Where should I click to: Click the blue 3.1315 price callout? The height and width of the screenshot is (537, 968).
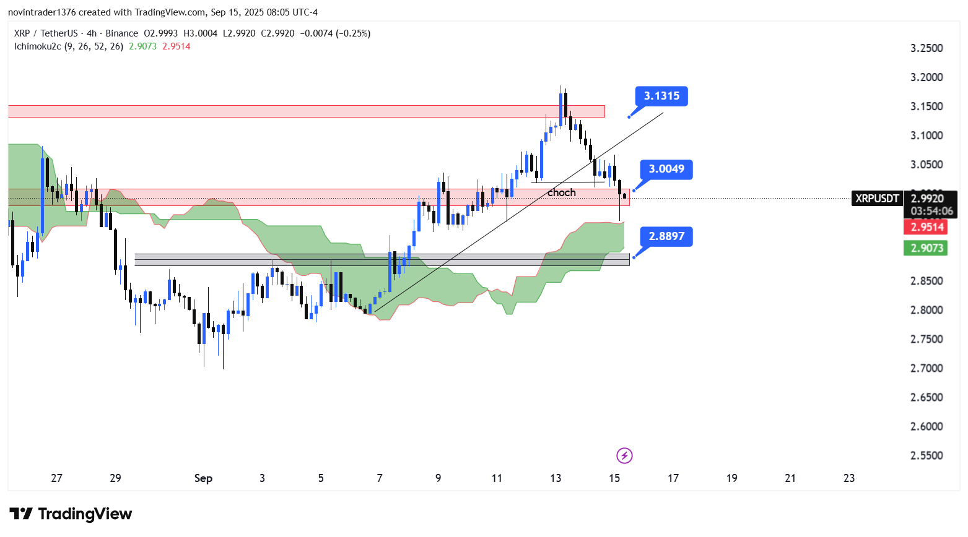click(661, 96)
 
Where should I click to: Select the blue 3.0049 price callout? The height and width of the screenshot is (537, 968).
click(666, 169)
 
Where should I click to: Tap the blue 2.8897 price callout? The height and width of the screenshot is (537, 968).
click(666, 236)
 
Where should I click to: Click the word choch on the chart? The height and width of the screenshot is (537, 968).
click(562, 193)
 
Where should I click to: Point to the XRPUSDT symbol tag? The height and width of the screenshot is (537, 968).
click(877, 199)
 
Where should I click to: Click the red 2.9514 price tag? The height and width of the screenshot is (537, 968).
click(927, 227)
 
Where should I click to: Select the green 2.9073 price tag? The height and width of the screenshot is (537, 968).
click(927, 248)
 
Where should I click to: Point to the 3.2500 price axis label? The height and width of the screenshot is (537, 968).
click(927, 48)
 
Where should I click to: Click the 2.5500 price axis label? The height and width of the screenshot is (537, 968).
click(927, 455)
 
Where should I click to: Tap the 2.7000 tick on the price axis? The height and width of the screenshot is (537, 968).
click(927, 368)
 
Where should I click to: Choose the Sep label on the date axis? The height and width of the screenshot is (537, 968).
click(203, 478)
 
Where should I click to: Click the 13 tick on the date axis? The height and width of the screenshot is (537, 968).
click(556, 478)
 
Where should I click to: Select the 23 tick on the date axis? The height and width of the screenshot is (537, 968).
click(849, 478)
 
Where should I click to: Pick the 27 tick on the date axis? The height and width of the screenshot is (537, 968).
click(56, 478)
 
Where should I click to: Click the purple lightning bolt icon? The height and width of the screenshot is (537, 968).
click(624, 456)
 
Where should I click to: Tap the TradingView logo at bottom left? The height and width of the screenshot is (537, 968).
click(71, 514)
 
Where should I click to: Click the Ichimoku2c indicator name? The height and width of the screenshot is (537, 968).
click(37, 46)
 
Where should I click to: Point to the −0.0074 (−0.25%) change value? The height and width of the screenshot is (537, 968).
click(335, 33)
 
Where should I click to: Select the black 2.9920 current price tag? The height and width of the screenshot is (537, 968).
click(927, 199)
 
